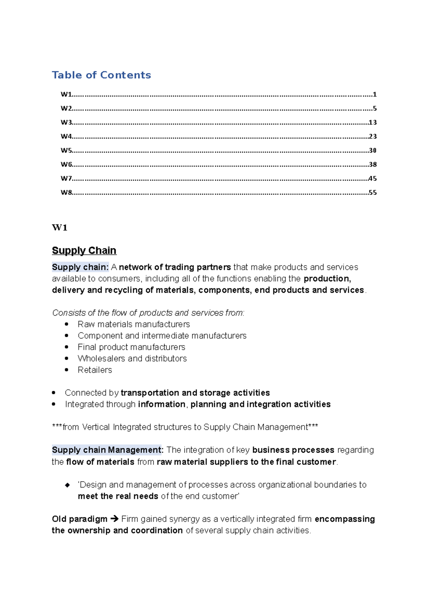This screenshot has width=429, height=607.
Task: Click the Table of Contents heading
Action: click(x=101, y=75)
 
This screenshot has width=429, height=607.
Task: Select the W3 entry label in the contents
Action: click(x=66, y=122)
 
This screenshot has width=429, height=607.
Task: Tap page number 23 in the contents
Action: click(x=373, y=136)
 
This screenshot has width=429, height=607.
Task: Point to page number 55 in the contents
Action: click(x=373, y=192)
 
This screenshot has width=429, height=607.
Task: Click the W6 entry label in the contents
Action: click(x=66, y=164)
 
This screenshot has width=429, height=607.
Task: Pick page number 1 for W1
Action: click(x=374, y=94)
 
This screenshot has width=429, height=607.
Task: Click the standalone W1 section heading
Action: click(x=60, y=228)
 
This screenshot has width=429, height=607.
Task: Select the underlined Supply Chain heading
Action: click(x=84, y=250)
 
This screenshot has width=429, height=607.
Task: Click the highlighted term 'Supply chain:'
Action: click(x=80, y=267)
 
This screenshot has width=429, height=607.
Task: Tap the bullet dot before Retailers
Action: click(x=66, y=370)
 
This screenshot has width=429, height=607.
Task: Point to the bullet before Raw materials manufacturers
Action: click(x=66, y=324)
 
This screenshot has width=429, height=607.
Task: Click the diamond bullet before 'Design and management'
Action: click(x=67, y=485)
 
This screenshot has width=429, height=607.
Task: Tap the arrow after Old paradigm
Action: click(x=114, y=519)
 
